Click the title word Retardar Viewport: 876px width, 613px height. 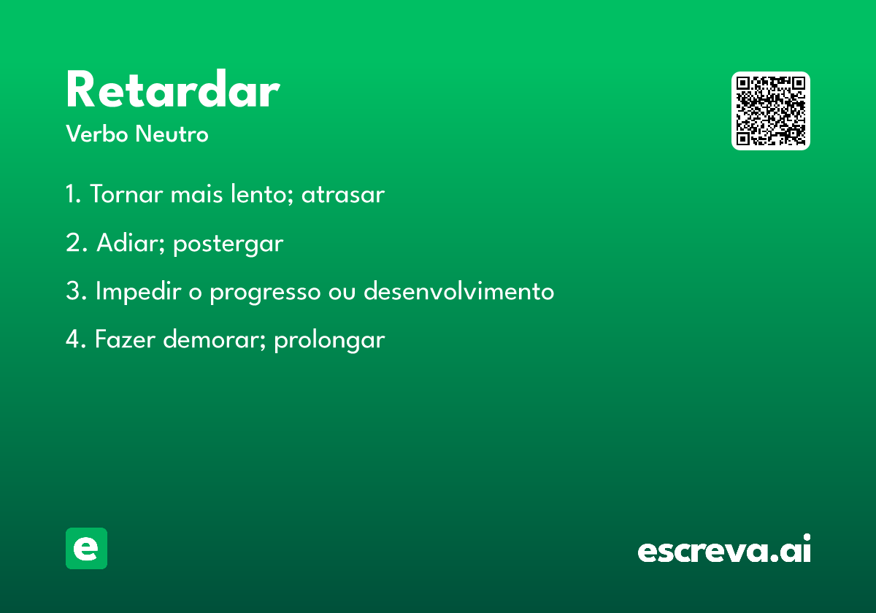tap(173, 88)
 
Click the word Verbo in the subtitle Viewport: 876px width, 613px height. tap(97, 134)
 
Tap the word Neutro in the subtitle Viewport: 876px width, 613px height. tap(172, 134)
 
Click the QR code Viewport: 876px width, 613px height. tap(770, 111)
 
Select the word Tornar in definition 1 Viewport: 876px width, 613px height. tap(127, 193)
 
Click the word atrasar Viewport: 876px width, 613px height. tap(343, 195)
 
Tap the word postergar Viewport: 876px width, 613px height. tap(228, 244)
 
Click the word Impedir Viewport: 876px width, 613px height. tap(139, 291)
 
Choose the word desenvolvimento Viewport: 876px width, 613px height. tap(458, 291)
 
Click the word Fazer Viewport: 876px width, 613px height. tap(125, 339)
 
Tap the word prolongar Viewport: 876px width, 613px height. tap(329, 340)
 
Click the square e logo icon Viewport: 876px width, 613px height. tap(86, 548)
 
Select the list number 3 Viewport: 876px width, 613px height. tap(74, 291)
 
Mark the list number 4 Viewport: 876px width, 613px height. tap(74, 339)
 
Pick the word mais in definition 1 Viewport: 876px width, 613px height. tap(196, 194)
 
